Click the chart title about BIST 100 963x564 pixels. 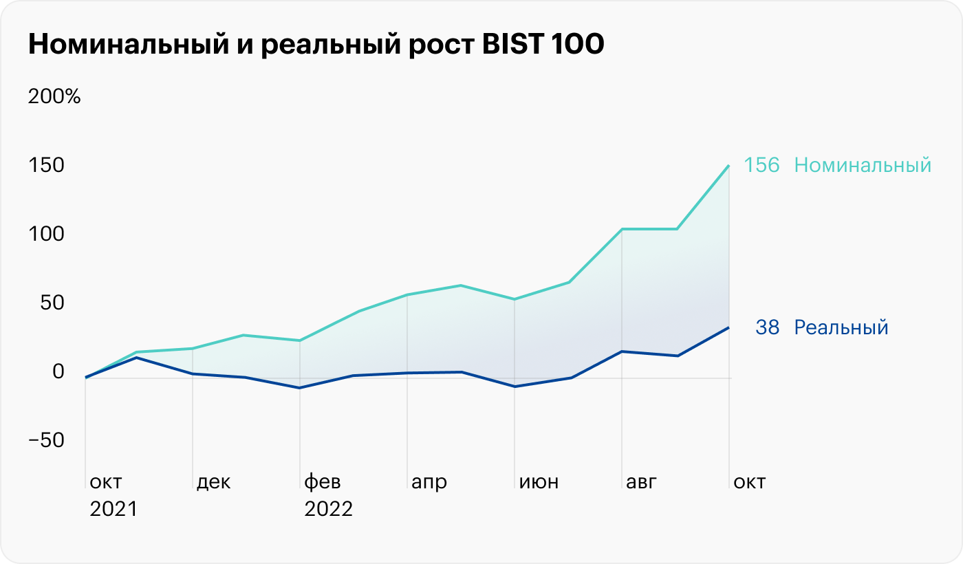(x=316, y=44)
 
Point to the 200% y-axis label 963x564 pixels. (x=54, y=96)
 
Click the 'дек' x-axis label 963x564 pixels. (x=213, y=482)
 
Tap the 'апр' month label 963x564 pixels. (x=429, y=482)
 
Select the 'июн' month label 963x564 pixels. (x=539, y=482)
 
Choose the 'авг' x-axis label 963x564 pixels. (x=641, y=482)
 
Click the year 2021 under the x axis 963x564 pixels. (x=114, y=510)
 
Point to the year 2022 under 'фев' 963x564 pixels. (x=329, y=510)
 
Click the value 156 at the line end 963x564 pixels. (x=762, y=166)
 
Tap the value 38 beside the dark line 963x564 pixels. (x=768, y=327)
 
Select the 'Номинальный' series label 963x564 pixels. (x=863, y=166)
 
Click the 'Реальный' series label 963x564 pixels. (x=841, y=327)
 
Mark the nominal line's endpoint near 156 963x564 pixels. (x=729, y=166)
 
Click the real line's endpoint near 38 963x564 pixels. (x=729, y=327)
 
